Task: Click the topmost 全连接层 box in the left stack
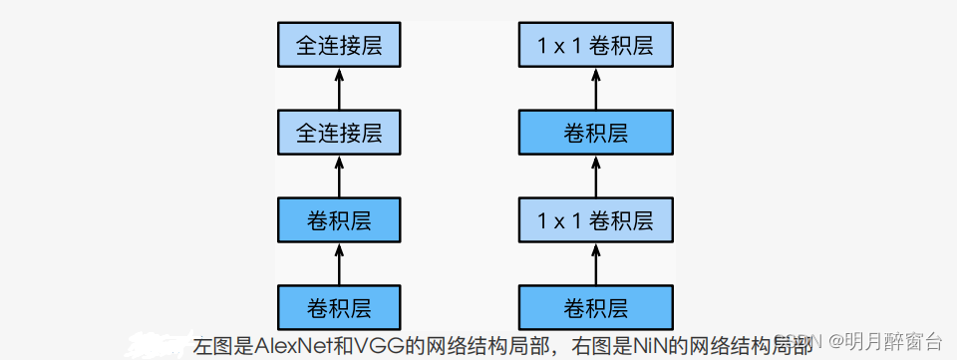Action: [x=339, y=46]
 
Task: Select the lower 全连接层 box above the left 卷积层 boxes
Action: [x=339, y=133]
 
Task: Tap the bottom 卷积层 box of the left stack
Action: [x=339, y=306]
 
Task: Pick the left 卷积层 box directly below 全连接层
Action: [x=339, y=219]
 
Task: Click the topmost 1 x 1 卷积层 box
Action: [x=596, y=46]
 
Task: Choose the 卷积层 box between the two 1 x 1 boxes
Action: [x=596, y=133]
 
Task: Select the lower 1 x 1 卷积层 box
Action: [x=596, y=219]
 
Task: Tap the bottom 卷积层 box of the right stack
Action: [x=596, y=306]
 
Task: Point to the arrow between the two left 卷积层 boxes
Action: [x=339, y=263]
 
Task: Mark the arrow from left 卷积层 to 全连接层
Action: [x=339, y=177]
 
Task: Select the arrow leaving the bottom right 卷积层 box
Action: [x=596, y=263]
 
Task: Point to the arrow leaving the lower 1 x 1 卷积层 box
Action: [x=596, y=177]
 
